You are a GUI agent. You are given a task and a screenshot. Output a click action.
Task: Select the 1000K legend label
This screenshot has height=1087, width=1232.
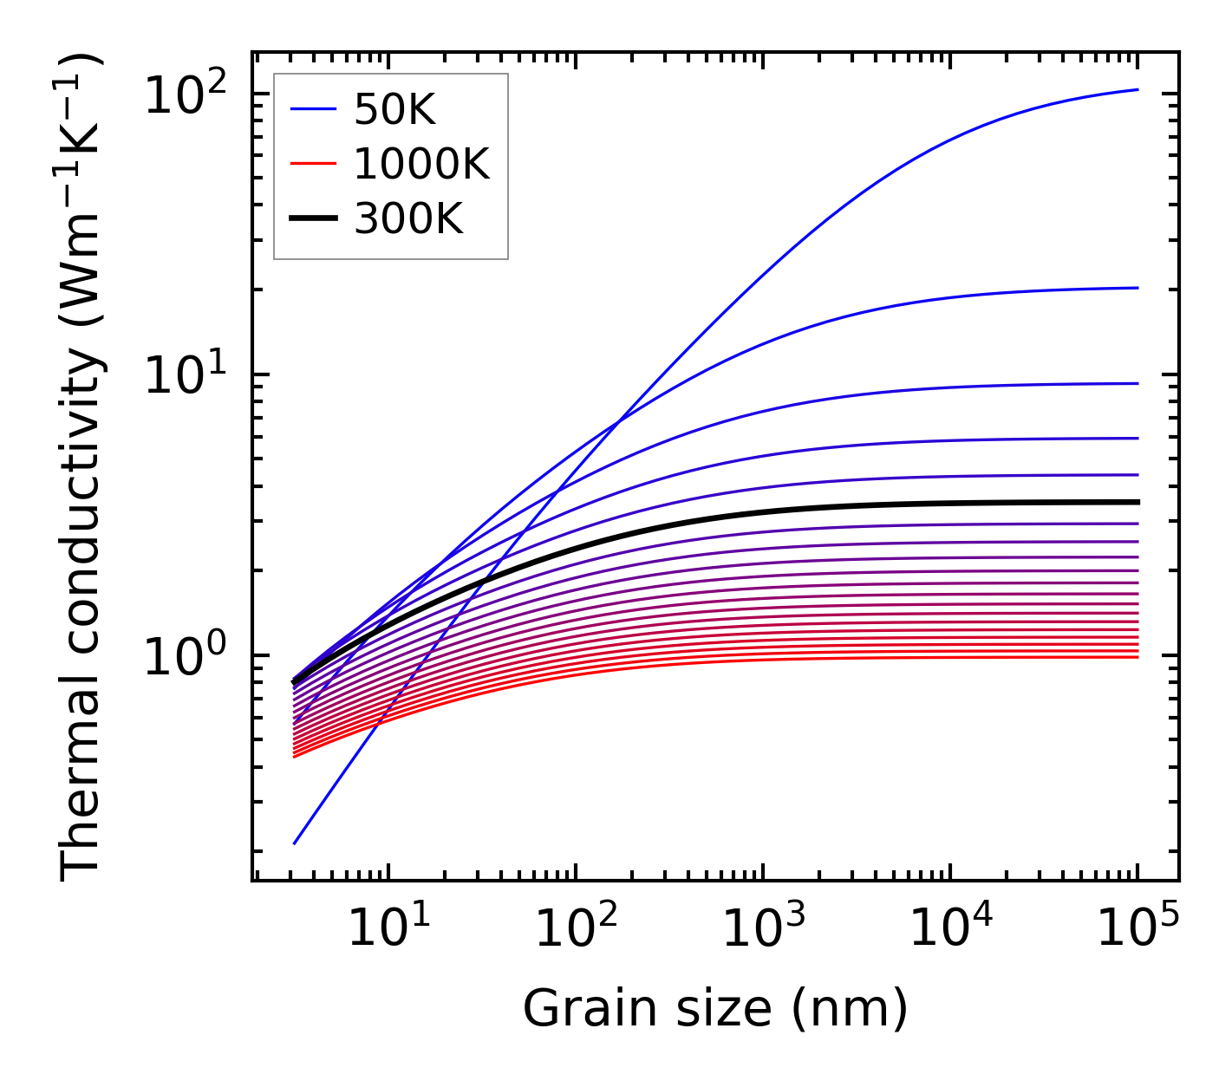point(421,164)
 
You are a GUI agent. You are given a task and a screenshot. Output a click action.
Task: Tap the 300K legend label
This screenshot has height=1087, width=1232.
point(408,219)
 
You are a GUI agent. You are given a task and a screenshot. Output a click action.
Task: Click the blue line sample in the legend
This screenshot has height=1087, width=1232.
point(312,109)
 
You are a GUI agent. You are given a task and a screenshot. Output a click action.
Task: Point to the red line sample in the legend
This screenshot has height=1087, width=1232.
point(312,164)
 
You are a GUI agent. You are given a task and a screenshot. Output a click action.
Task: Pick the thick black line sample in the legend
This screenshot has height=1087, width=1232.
point(312,219)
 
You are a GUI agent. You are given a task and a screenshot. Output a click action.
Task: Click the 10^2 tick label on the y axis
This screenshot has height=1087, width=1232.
point(185,94)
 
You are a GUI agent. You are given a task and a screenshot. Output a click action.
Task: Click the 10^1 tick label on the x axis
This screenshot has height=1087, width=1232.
point(388,929)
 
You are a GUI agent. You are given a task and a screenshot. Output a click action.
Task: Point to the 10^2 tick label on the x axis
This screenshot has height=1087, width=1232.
point(575,929)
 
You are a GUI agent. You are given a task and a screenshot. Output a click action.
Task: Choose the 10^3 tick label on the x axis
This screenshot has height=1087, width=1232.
point(763,929)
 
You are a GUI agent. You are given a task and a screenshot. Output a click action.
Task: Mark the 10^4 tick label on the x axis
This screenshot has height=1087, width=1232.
point(950,929)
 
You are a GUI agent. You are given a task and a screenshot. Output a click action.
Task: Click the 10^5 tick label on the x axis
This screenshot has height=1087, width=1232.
point(1137,929)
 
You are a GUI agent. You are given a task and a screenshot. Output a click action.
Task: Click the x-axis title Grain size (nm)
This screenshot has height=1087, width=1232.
point(715,1009)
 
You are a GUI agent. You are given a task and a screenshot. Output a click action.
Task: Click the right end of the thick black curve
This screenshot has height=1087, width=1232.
point(1137,502)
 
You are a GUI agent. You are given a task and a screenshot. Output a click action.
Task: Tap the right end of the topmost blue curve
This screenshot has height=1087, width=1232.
point(1137,89)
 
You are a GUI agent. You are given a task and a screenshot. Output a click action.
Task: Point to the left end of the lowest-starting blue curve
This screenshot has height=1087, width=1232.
point(295,843)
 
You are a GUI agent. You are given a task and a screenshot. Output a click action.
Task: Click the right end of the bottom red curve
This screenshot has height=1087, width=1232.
point(1137,657)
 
